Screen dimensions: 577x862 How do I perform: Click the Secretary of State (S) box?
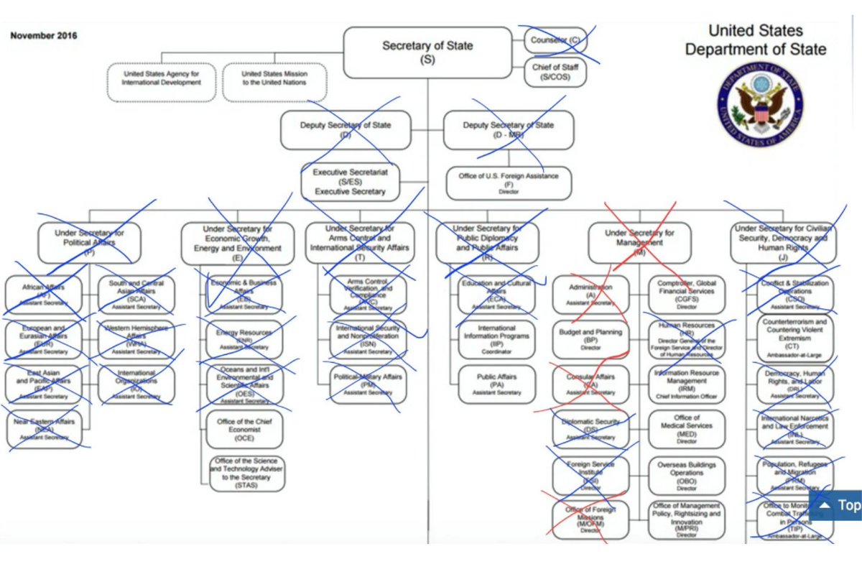[427, 52]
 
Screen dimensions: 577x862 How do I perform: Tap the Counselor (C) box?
[555, 40]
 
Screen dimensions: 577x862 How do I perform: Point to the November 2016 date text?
[44, 35]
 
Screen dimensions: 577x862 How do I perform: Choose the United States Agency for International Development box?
[161, 78]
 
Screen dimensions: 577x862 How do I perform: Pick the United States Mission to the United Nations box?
[274, 78]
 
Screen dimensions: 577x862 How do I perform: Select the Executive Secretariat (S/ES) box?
[350, 182]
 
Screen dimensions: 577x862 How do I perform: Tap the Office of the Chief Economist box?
[245, 429]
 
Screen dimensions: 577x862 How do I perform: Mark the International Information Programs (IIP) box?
[496, 340]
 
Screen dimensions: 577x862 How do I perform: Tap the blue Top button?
[838, 505]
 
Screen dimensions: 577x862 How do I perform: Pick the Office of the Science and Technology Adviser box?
[246, 474]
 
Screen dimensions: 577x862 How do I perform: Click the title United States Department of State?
[755, 40]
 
